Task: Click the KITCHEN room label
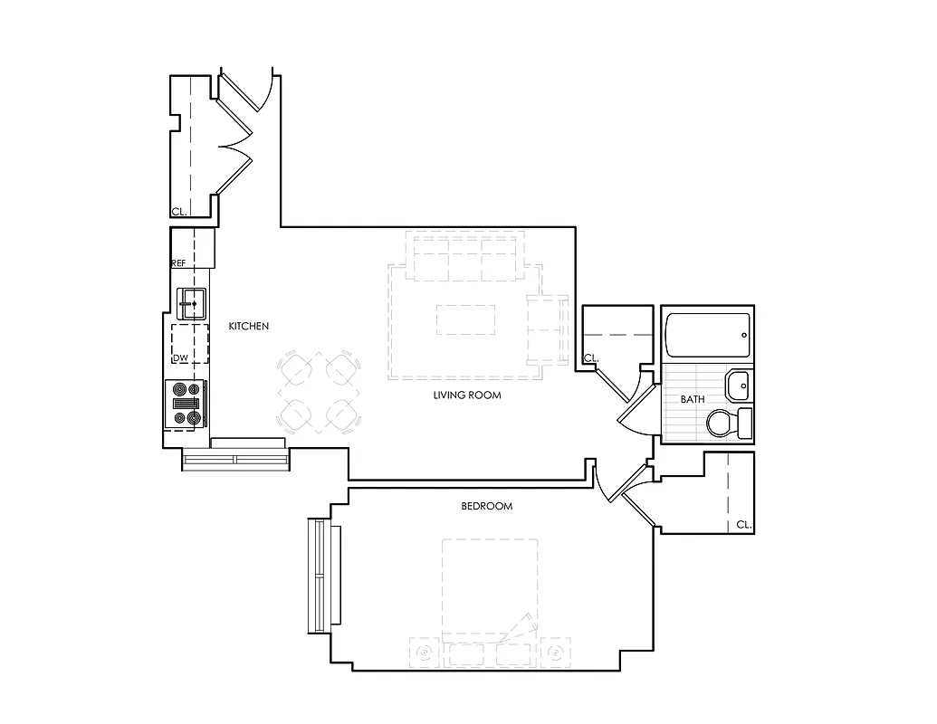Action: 248,326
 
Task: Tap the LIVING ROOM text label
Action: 466,395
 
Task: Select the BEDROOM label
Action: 486,506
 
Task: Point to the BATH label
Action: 693,399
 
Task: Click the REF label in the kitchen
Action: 178,263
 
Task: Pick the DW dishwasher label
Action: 180,358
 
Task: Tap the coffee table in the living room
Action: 466,319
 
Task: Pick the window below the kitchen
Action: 235,460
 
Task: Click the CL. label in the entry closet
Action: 178,212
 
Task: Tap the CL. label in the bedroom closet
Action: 742,524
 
